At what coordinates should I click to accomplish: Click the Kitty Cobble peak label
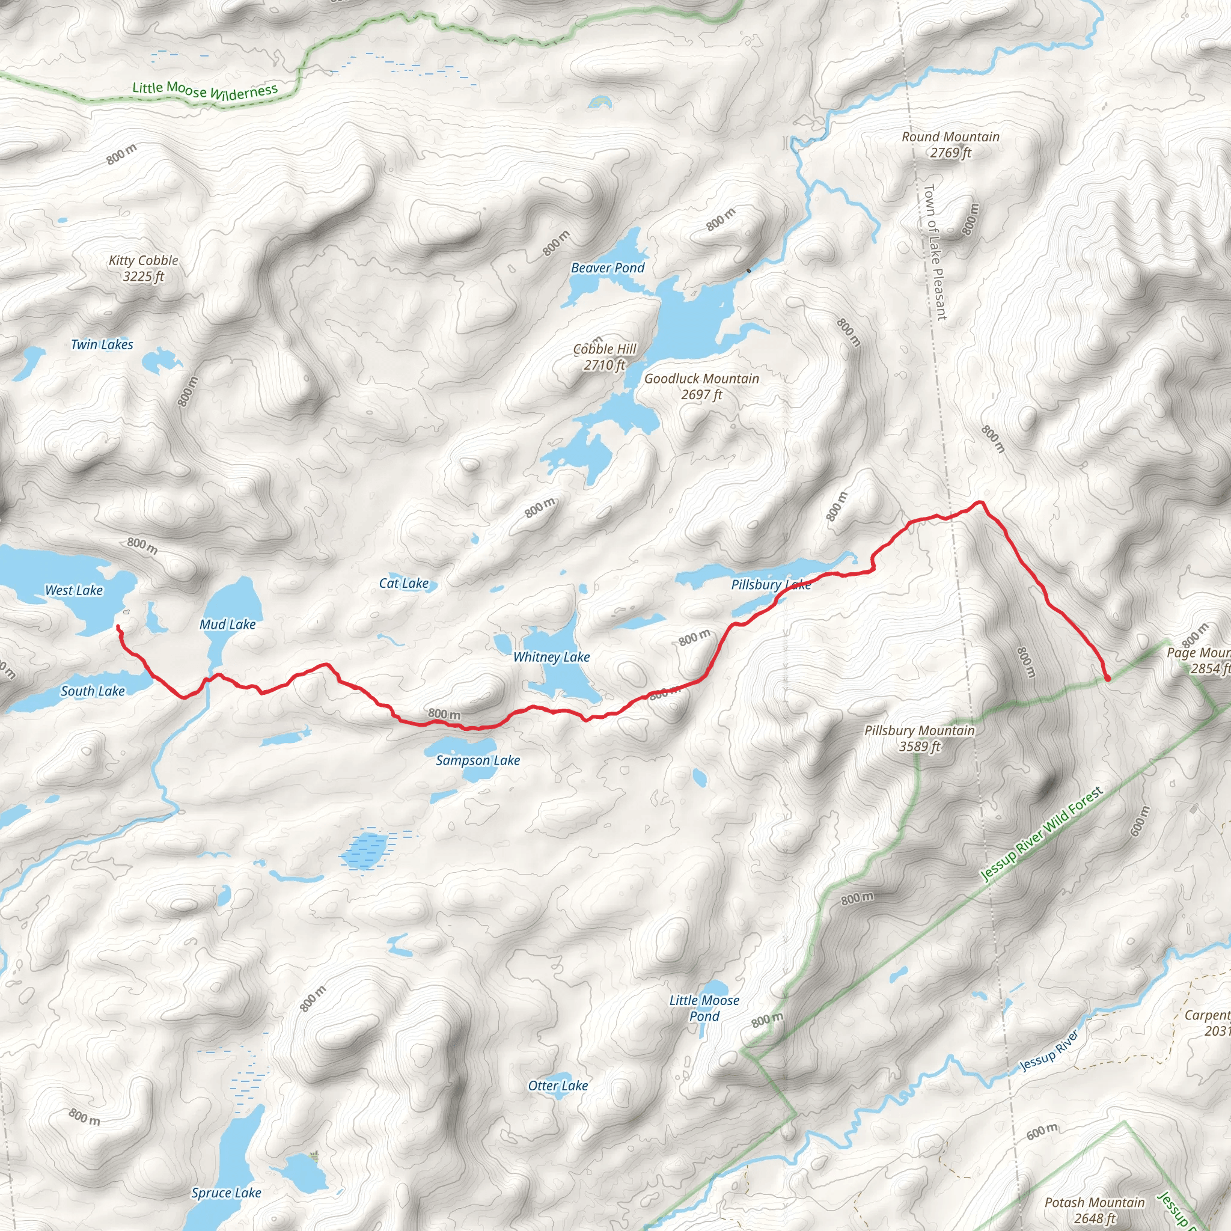click(x=144, y=268)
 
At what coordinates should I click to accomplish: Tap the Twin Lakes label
click(x=102, y=344)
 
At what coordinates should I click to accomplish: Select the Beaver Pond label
click(x=607, y=268)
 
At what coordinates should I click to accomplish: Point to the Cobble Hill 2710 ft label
click(x=605, y=357)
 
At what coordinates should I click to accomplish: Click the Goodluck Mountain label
click(x=701, y=386)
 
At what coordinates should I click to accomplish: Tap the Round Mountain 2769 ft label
click(x=950, y=145)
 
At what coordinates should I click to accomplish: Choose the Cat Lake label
click(x=403, y=583)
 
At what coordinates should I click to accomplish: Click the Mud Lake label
click(x=227, y=625)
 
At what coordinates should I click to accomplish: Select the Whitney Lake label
click(x=551, y=657)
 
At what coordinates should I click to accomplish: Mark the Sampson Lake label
click(x=478, y=760)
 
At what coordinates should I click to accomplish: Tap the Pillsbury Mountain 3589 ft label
click(x=919, y=739)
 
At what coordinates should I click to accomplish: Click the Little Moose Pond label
click(x=704, y=1008)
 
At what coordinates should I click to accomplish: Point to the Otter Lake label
click(x=558, y=1086)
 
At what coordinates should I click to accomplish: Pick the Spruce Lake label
click(x=226, y=1193)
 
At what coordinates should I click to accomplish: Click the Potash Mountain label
click(x=1094, y=1210)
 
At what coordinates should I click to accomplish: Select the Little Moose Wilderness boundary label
click(x=205, y=91)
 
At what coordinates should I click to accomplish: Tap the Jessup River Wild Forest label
click(x=1041, y=835)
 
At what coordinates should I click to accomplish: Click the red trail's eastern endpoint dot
click(x=1107, y=679)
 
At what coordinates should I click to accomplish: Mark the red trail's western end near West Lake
click(x=118, y=627)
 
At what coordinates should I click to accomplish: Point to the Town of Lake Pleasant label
click(x=935, y=252)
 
